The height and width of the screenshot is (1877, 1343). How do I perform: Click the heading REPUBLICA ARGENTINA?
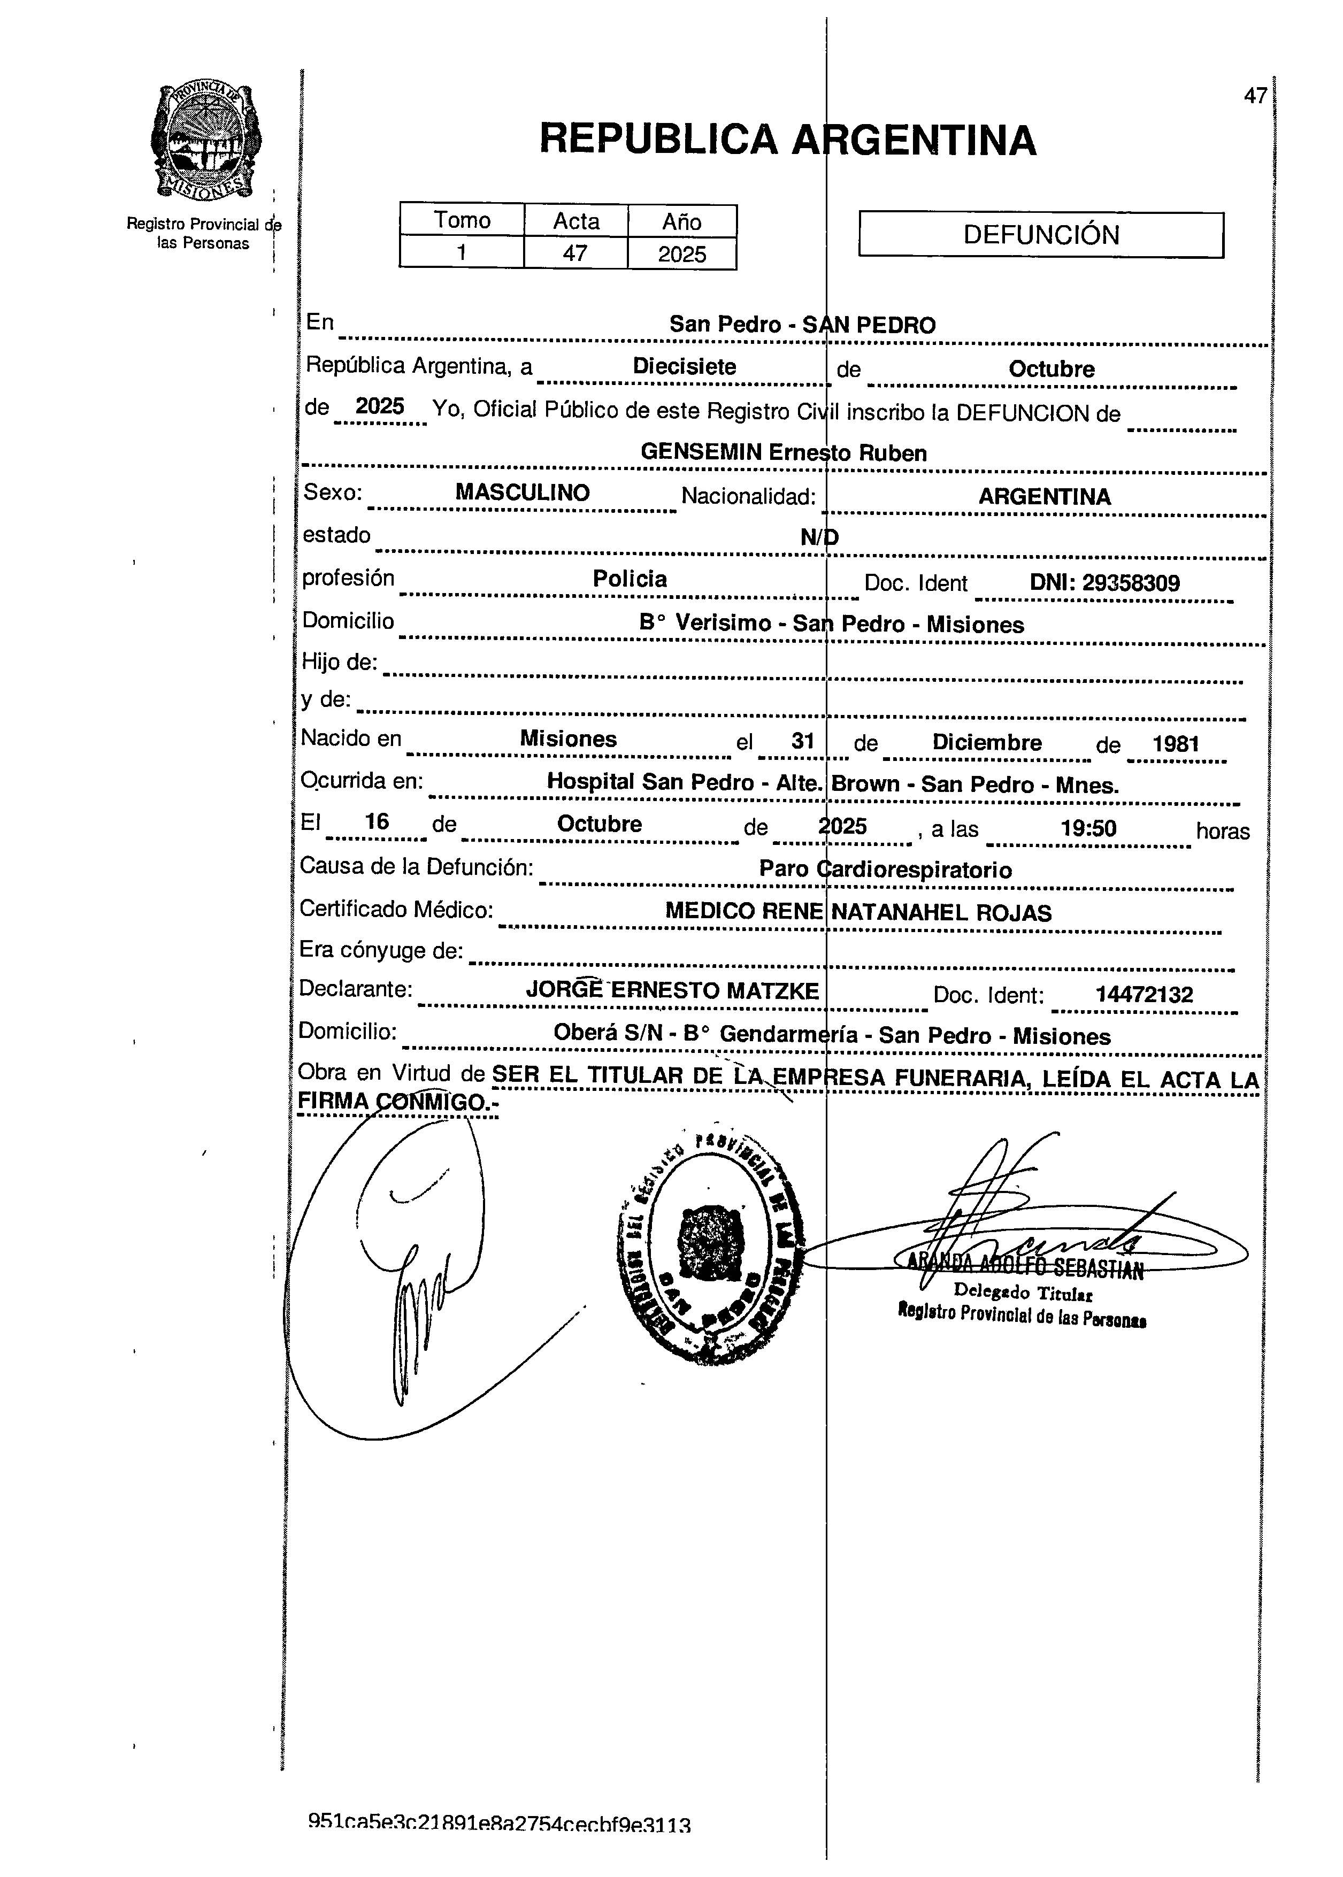point(787,139)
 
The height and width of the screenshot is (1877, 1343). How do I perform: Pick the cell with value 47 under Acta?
point(575,253)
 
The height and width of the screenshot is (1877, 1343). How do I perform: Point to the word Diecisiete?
point(684,366)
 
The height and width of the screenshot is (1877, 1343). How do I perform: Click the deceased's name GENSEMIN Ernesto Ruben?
point(783,452)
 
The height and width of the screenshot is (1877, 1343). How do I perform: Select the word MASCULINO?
point(522,493)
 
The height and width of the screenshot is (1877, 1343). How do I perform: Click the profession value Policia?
point(630,579)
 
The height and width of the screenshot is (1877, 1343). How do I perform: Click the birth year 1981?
point(1175,743)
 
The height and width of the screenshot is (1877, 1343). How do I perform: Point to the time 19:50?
point(1088,828)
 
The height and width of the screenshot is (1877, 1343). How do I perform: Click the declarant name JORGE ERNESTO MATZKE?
point(672,990)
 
